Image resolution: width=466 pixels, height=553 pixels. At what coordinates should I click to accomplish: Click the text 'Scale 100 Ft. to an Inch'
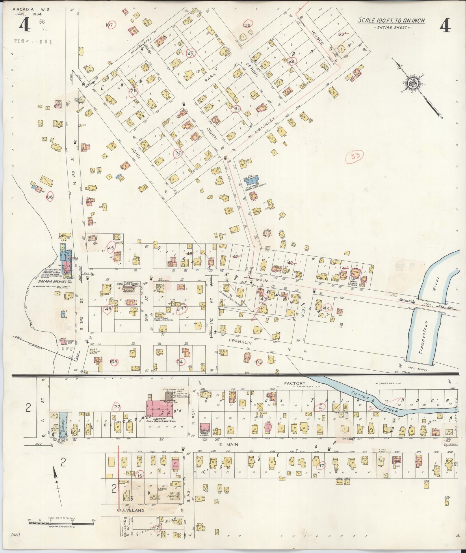tap(391, 20)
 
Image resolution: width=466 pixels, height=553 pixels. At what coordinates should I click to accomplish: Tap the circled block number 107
tap(109, 25)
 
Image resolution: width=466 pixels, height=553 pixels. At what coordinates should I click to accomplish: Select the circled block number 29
tap(191, 53)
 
